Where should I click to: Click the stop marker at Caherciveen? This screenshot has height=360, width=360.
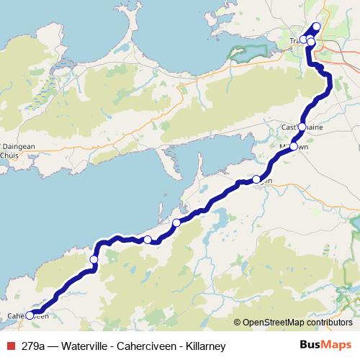click(x=30, y=315)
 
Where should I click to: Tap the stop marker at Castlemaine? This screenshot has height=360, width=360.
click(x=302, y=127)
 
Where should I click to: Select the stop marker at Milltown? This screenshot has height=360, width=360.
click(x=293, y=145)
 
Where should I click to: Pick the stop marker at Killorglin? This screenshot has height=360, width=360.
click(x=256, y=179)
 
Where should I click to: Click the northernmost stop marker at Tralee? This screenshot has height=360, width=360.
click(x=317, y=27)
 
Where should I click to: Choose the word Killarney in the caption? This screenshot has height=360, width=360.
click(x=204, y=346)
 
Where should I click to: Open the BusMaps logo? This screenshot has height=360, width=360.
click(x=325, y=346)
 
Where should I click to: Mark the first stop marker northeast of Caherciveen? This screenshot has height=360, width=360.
click(x=94, y=259)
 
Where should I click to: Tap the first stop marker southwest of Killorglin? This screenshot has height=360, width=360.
click(x=176, y=222)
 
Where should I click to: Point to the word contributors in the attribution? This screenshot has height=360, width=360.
click(x=328, y=322)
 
